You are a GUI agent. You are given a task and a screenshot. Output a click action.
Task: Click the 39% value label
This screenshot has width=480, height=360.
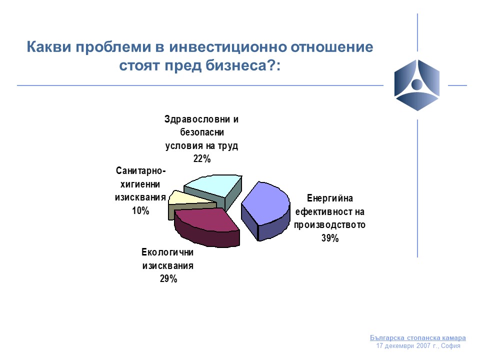pos(330,238)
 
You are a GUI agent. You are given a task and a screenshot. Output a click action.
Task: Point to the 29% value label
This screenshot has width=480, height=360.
pos(168,278)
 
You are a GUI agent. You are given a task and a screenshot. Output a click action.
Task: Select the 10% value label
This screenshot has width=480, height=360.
pos(140,210)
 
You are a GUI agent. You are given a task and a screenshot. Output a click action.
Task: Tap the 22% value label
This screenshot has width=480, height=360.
pos(201,158)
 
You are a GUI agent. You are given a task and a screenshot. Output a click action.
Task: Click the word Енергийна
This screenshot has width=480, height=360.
pos(329,198)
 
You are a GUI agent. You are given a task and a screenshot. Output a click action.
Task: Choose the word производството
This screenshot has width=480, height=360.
pos(329,224)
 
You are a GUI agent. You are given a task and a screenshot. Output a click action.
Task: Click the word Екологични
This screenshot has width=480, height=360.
pos(167,252)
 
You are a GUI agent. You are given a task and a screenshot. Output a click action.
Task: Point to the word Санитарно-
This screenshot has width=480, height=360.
pos(141,171)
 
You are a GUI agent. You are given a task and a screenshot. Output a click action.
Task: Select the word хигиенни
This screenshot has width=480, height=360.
pos(140,184)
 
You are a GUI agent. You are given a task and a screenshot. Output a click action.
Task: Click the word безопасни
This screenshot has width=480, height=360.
pos(202,132)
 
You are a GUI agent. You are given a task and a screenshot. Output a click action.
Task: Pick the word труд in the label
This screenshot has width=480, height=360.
pos(228,146)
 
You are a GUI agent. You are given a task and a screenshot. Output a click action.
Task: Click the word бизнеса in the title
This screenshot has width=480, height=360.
pos(236,65)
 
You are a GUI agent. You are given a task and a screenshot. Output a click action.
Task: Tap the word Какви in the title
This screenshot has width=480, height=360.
pos(49,47)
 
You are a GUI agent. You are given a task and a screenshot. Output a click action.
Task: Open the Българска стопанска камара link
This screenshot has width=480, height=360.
pos(418,337)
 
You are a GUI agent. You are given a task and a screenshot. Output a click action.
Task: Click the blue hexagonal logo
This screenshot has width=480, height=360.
pos(417,85)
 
